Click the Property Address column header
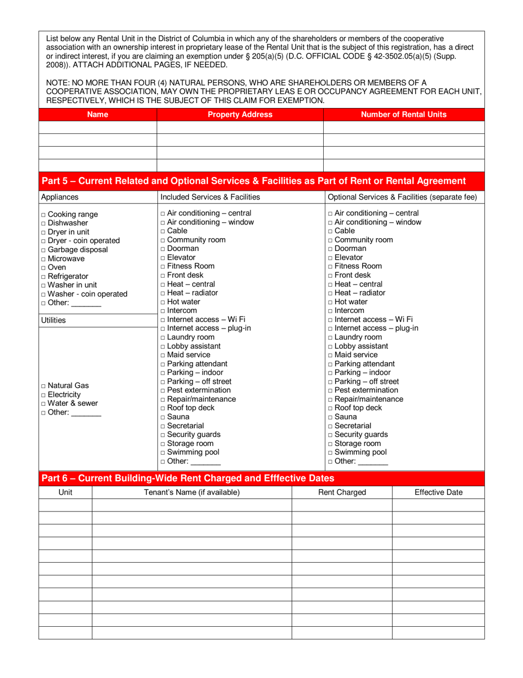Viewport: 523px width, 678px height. pos(239,115)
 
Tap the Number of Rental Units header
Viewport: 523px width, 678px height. pos(404,115)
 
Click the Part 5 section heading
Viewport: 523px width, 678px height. pos(254,181)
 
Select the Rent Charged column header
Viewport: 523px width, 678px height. pos(342,492)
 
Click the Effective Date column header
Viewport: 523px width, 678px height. pos(438,492)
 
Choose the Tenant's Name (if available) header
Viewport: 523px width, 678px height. pos(192,492)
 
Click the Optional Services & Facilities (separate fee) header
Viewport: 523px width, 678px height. pos(402,197)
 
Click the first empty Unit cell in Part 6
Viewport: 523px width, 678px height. pos(65,505)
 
